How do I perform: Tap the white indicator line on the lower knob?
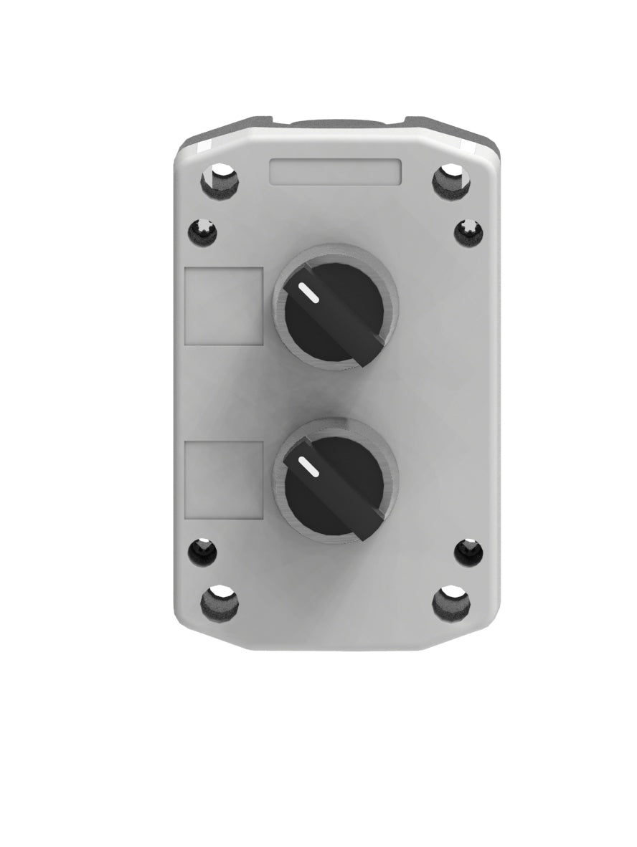pyautogui.click(x=308, y=466)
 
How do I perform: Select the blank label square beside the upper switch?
pyautogui.click(x=224, y=307)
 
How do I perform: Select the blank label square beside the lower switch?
pyautogui.click(x=224, y=478)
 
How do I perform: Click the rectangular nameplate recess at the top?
pyautogui.click(x=335, y=173)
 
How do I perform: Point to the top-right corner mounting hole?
pyautogui.click(x=450, y=180)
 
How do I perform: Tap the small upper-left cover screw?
pyautogui.click(x=202, y=231)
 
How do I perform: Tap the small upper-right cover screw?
pyautogui.click(x=469, y=231)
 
